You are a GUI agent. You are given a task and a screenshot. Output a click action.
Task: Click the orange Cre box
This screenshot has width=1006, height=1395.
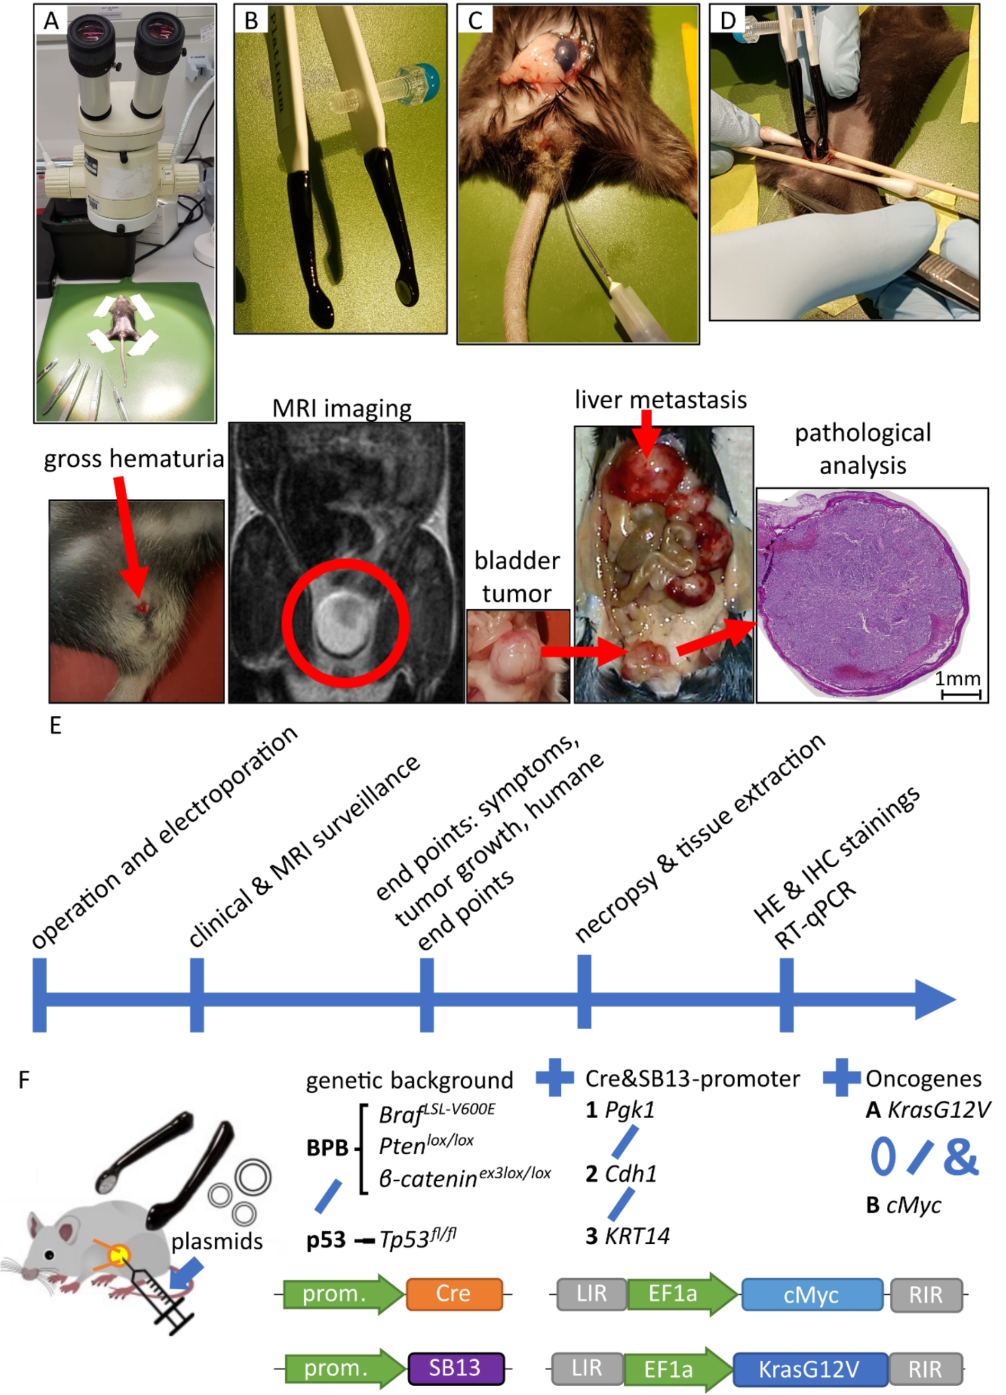tap(454, 1293)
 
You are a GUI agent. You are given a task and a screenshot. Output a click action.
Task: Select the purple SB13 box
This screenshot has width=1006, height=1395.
tap(456, 1367)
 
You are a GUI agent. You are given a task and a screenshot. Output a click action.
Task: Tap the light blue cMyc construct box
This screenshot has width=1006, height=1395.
tap(812, 1295)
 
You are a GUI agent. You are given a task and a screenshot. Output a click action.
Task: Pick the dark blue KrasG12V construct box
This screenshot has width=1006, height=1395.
tap(810, 1368)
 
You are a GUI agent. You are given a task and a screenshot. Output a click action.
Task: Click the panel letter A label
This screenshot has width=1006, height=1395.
tap(51, 21)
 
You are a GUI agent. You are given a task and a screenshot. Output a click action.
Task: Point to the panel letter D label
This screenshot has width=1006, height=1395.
tap(728, 21)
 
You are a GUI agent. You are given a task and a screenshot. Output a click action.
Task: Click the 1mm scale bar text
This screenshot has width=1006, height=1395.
tap(958, 679)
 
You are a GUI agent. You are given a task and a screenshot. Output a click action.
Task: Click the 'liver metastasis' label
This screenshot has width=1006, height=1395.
tap(660, 400)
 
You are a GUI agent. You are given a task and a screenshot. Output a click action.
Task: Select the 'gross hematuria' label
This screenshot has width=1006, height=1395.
tap(133, 459)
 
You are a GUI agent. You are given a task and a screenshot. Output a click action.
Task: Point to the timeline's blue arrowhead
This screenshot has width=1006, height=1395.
tap(935, 999)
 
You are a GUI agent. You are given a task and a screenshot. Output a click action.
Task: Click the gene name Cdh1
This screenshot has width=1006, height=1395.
tap(631, 1174)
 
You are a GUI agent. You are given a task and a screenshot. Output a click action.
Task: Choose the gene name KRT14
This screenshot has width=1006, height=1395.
tap(637, 1236)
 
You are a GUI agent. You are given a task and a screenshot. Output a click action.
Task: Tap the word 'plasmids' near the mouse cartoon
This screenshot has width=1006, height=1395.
tap(217, 1242)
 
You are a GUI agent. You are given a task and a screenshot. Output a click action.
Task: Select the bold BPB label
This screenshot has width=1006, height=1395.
tap(327, 1148)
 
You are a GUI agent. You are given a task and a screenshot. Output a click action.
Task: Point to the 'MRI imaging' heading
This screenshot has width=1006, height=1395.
tap(342, 409)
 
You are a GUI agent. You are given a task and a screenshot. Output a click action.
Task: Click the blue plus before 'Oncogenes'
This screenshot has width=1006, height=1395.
tap(841, 1077)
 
